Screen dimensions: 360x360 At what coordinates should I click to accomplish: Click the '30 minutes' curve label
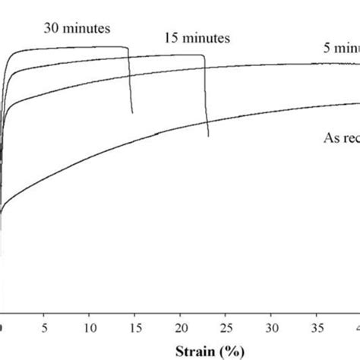point(76,29)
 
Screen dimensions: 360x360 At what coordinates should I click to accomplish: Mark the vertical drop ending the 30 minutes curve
point(130,84)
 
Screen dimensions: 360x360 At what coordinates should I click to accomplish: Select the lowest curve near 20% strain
point(181,126)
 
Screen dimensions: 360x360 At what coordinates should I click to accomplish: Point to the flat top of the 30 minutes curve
point(76,49)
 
